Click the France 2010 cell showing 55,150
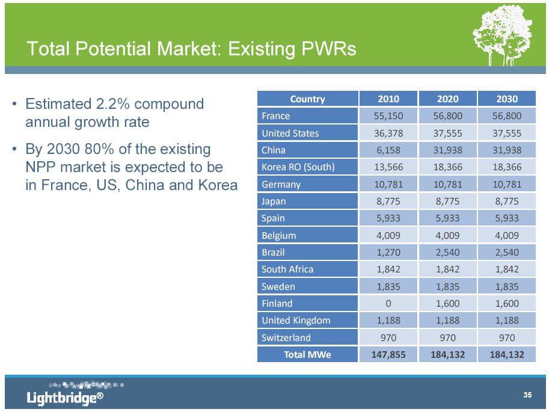[x=388, y=115]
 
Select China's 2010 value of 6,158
[x=388, y=150]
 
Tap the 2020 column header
[x=448, y=99]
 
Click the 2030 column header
[x=507, y=99]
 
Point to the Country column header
[x=308, y=99]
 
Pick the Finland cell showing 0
[x=388, y=303]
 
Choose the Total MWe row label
[x=308, y=355]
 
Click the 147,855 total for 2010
[x=388, y=355]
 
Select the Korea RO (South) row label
[x=298, y=167]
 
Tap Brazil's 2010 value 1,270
[x=388, y=253]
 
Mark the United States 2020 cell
[x=448, y=133]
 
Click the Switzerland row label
[x=286, y=337]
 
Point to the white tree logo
[x=503, y=35]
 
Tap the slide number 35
[x=527, y=395]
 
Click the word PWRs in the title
[x=328, y=49]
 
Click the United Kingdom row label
[x=296, y=321]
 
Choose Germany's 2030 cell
[x=507, y=184]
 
